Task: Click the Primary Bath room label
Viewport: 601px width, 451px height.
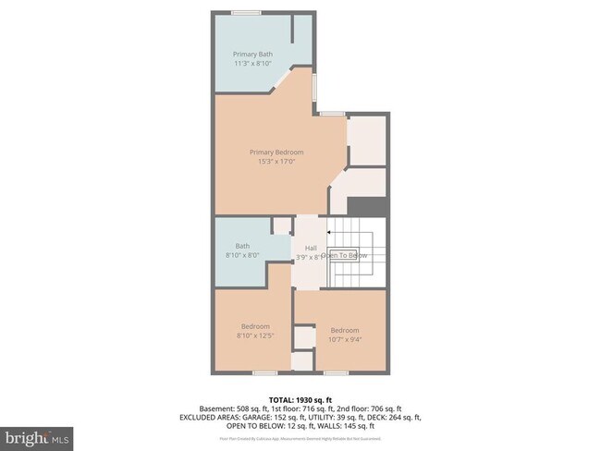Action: [252, 55]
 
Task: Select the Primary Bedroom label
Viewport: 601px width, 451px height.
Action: [276, 152]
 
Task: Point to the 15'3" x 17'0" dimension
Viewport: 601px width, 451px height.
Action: [276, 162]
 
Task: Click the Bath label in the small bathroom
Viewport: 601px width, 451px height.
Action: [242, 246]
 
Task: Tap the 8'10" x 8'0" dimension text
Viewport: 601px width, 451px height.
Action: [242, 255]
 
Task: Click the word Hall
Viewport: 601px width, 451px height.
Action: [312, 247]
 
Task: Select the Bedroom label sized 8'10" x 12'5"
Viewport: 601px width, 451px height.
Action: [255, 326]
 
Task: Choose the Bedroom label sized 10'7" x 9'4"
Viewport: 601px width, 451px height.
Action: [345, 330]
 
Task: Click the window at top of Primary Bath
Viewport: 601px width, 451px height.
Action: [245, 12]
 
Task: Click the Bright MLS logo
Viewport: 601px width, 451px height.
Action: [37, 435]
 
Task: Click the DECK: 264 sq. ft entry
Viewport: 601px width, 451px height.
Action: [392, 417]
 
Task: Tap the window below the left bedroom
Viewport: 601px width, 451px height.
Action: [265, 372]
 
